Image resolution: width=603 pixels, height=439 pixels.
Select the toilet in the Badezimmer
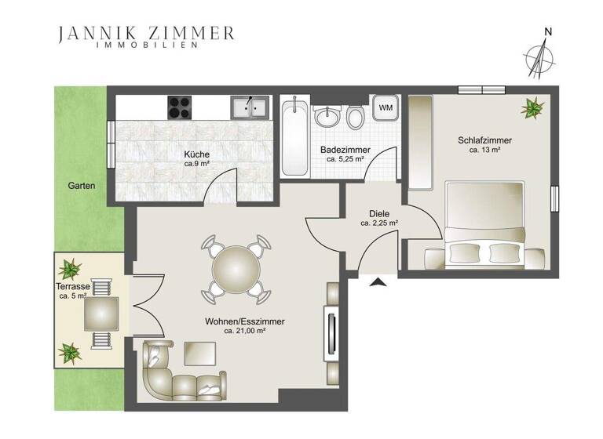[355, 118]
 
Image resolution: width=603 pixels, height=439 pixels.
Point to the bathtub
[294, 137]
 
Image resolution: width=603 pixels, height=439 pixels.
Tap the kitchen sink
[250, 107]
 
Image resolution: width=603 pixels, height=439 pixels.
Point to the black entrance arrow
[378, 282]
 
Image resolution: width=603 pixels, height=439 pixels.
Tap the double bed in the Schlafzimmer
[484, 223]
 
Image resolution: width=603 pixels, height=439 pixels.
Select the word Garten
[82, 187]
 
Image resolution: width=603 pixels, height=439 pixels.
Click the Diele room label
[379, 213]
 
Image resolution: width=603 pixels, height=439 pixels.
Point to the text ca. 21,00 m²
[244, 331]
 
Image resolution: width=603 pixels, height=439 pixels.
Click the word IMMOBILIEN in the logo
[146, 45]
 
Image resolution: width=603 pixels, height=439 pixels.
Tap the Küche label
[197, 154]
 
